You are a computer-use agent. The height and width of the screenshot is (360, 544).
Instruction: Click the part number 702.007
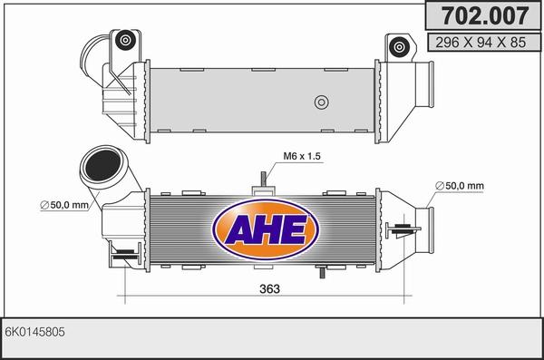pyautogui.click(x=484, y=15)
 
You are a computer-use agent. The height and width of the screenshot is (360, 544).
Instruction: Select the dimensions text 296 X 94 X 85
pyautogui.click(x=481, y=43)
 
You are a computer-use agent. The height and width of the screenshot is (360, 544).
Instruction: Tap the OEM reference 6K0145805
pyautogui.click(x=34, y=332)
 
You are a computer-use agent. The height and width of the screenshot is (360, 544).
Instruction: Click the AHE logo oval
pyautogui.click(x=266, y=229)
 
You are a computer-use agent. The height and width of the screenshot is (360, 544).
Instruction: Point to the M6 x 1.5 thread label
pyautogui.click(x=302, y=156)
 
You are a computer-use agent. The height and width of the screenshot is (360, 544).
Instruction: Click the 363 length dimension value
pyautogui.click(x=269, y=288)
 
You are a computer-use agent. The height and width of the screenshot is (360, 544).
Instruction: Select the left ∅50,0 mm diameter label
pyautogui.click(x=64, y=205)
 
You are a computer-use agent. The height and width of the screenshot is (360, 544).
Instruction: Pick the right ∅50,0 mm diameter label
pyautogui.click(x=460, y=186)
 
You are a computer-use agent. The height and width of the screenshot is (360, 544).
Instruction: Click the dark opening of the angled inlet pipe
pyautogui.click(x=102, y=166)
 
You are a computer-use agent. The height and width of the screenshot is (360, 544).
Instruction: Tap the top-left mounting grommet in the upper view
pyautogui.click(x=125, y=40)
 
